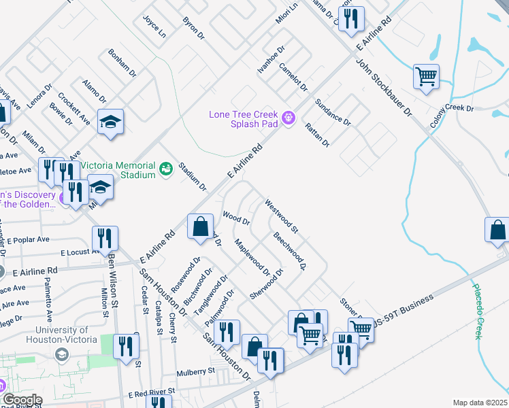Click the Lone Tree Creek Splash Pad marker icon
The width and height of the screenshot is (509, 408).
point(289,118)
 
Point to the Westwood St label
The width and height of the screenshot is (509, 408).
point(281,214)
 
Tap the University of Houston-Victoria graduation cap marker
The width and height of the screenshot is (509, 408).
point(62,355)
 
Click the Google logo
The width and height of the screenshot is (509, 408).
point(22,400)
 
